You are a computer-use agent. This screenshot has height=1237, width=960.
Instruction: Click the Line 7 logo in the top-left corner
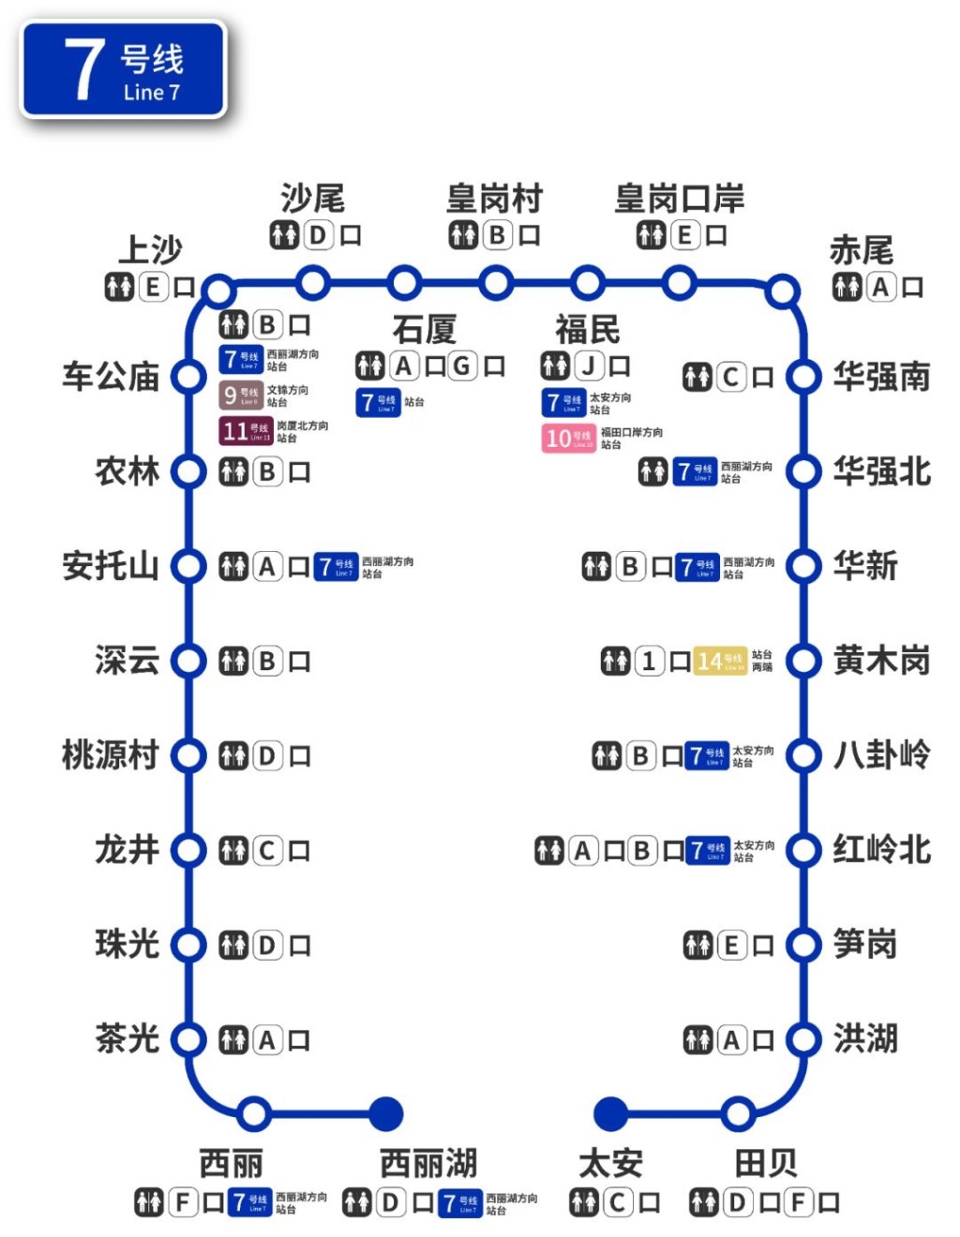click(123, 70)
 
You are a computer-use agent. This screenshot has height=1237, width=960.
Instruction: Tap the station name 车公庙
click(111, 377)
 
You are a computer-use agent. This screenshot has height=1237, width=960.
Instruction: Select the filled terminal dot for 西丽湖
click(385, 1113)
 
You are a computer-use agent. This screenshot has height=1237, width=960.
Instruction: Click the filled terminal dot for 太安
click(611, 1113)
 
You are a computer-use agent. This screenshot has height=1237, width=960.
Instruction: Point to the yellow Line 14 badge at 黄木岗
click(720, 662)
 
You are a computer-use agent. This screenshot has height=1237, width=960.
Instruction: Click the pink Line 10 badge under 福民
click(568, 438)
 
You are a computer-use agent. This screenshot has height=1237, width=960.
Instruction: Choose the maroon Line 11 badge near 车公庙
click(246, 431)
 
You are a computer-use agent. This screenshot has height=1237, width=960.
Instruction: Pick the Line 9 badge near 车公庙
click(240, 395)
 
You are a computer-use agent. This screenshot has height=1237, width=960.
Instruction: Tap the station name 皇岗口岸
click(679, 199)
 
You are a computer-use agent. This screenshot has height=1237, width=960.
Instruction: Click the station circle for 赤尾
click(782, 291)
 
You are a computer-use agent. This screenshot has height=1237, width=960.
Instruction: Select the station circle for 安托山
click(188, 566)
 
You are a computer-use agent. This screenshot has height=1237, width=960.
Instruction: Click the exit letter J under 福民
click(589, 366)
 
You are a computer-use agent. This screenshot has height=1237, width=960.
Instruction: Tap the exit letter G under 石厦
click(462, 365)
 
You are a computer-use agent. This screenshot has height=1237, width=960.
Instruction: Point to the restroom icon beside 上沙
click(119, 287)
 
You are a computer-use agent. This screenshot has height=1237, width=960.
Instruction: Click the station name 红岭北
click(881, 850)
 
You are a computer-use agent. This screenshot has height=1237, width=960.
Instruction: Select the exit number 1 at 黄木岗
click(649, 662)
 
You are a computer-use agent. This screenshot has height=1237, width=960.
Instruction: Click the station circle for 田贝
click(739, 1113)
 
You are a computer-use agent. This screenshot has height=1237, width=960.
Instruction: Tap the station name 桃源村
click(111, 755)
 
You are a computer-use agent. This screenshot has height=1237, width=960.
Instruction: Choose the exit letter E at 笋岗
click(731, 946)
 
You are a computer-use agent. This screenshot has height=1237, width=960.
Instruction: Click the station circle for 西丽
click(253, 1113)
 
